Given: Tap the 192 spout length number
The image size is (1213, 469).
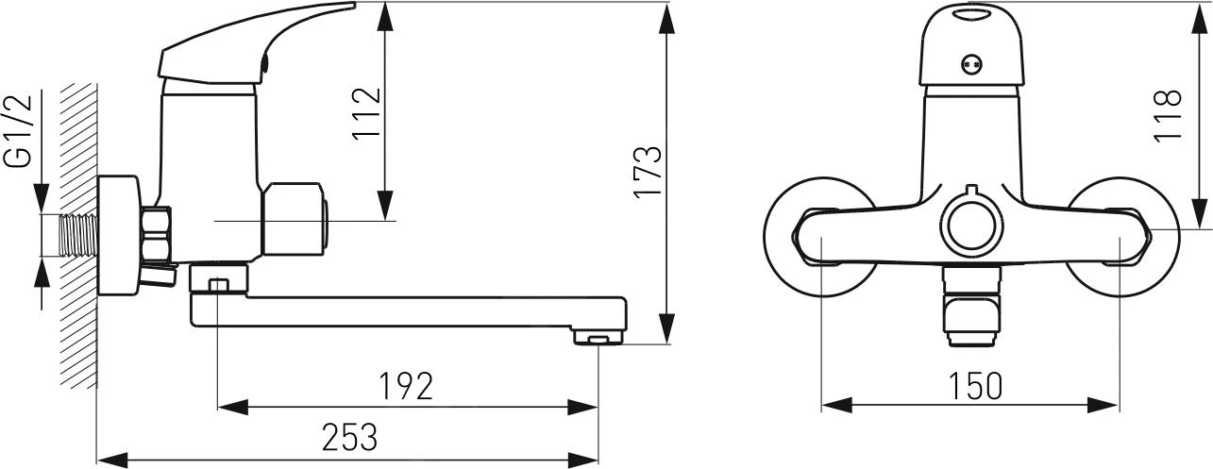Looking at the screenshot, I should [x=405, y=385].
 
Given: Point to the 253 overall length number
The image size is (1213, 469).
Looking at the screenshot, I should [x=349, y=437].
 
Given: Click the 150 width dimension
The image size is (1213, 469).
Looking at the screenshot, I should [x=971, y=385].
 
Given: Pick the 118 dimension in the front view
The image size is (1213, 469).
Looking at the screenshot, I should [x=1169, y=114].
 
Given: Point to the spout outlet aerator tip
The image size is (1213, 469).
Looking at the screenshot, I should [x=598, y=337].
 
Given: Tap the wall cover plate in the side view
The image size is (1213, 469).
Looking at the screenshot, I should [x=118, y=236].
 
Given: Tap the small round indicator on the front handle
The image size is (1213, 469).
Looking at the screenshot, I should [x=970, y=65].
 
